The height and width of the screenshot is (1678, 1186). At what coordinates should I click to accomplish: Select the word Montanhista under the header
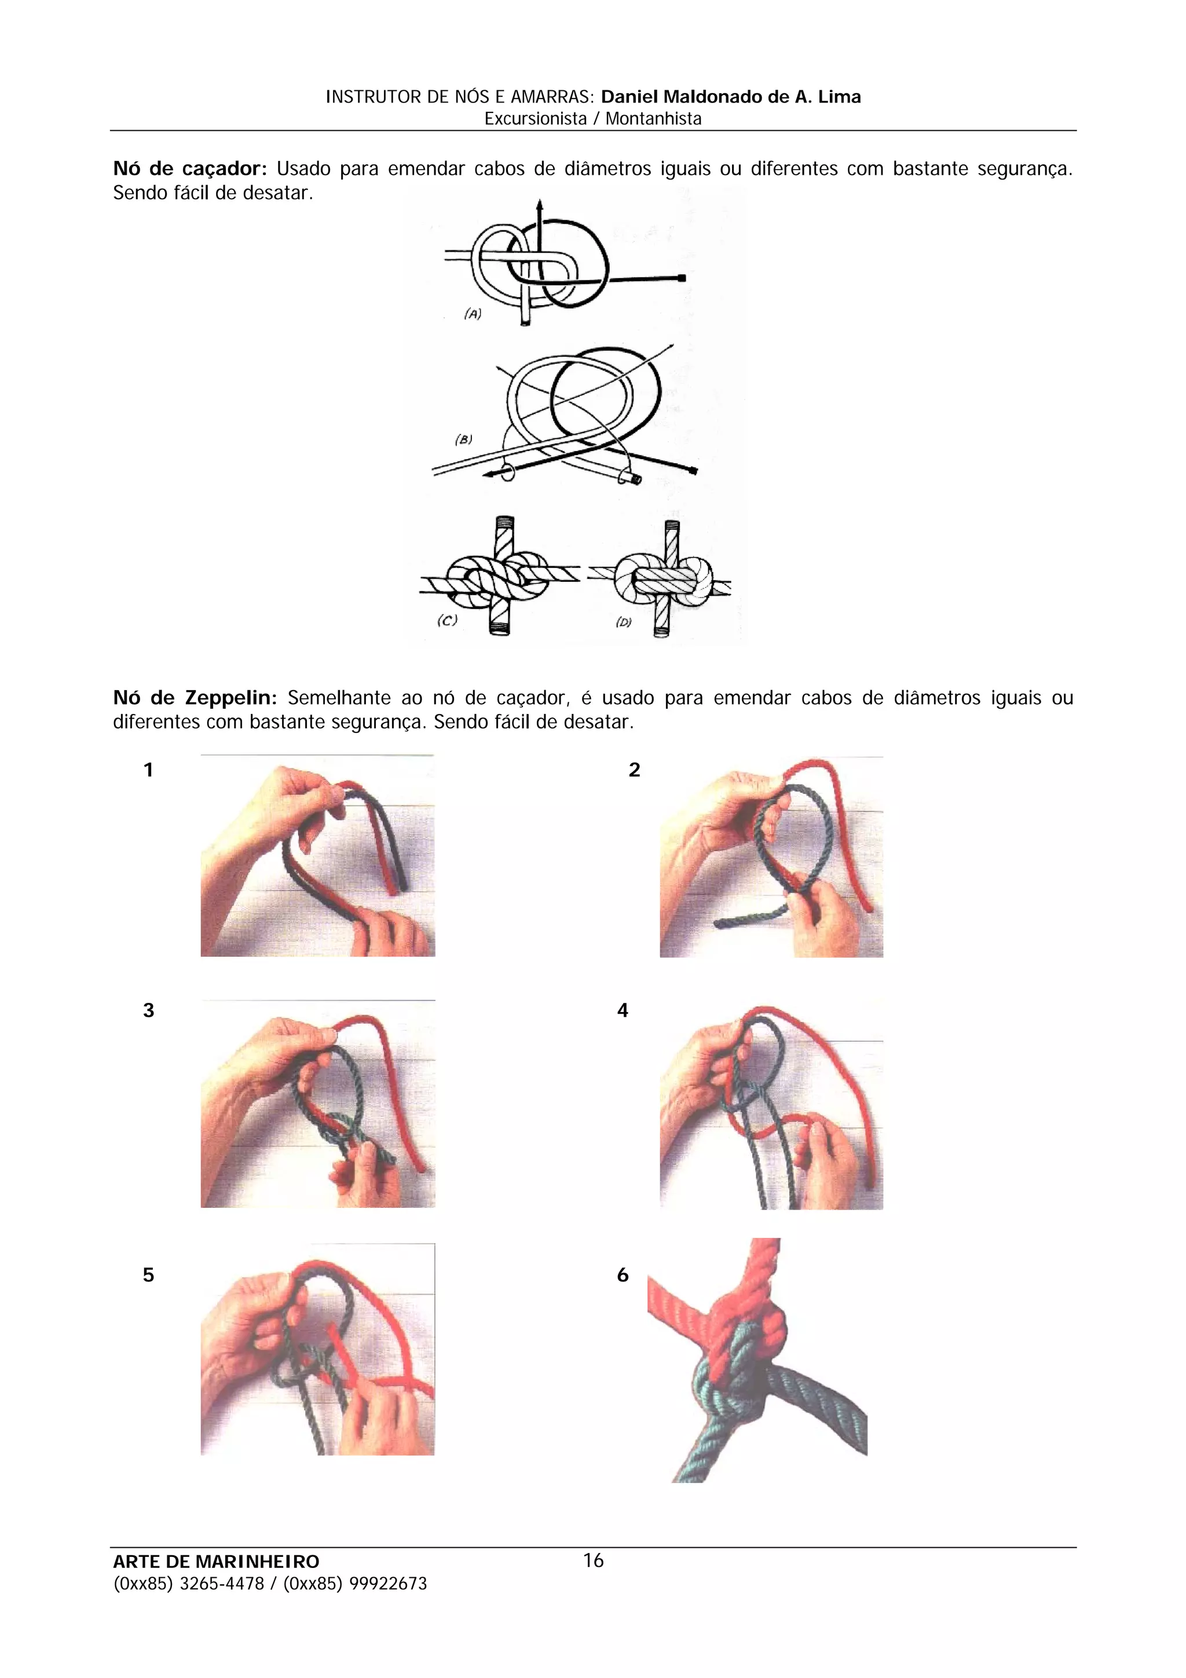653,119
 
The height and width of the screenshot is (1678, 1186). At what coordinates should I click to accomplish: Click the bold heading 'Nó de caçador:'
190,170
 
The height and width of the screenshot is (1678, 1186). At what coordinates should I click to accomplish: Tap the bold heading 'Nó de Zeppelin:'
195,698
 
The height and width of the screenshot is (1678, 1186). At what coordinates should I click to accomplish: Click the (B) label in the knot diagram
463,440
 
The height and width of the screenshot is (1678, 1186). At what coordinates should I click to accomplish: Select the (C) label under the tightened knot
447,621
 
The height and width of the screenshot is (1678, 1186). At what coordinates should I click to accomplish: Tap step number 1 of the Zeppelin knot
148,770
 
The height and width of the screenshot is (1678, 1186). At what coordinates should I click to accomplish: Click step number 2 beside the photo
634,770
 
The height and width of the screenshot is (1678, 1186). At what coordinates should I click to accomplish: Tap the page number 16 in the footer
594,1561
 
